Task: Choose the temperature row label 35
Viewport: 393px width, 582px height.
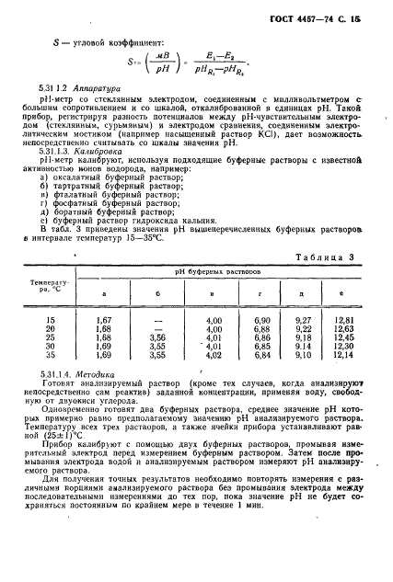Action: (x=50, y=354)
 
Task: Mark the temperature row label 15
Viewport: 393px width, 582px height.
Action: (x=50, y=317)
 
